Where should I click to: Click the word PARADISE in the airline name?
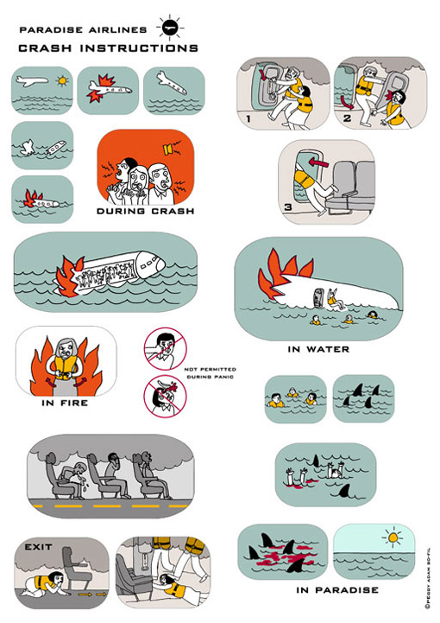[x=51, y=29]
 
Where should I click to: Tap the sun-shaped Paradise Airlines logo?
[x=171, y=28]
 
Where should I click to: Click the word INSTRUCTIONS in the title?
[x=139, y=48]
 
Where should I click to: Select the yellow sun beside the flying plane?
[x=62, y=81]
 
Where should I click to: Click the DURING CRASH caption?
[x=146, y=211]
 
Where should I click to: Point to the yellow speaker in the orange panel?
[x=167, y=149]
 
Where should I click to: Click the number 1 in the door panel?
[x=248, y=118]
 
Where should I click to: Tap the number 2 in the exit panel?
[x=347, y=118]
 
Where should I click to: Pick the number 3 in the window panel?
[x=288, y=207]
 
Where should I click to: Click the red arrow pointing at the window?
[x=319, y=162]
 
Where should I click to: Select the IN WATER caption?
[x=318, y=349]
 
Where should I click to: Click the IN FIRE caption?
[x=65, y=403]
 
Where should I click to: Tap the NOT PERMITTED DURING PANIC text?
[x=210, y=372]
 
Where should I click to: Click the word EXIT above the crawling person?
[x=39, y=547]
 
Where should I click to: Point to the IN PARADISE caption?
[x=337, y=590]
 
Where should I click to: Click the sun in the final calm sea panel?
[x=393, y=537]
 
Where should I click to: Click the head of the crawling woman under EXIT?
[x=57, y=579]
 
